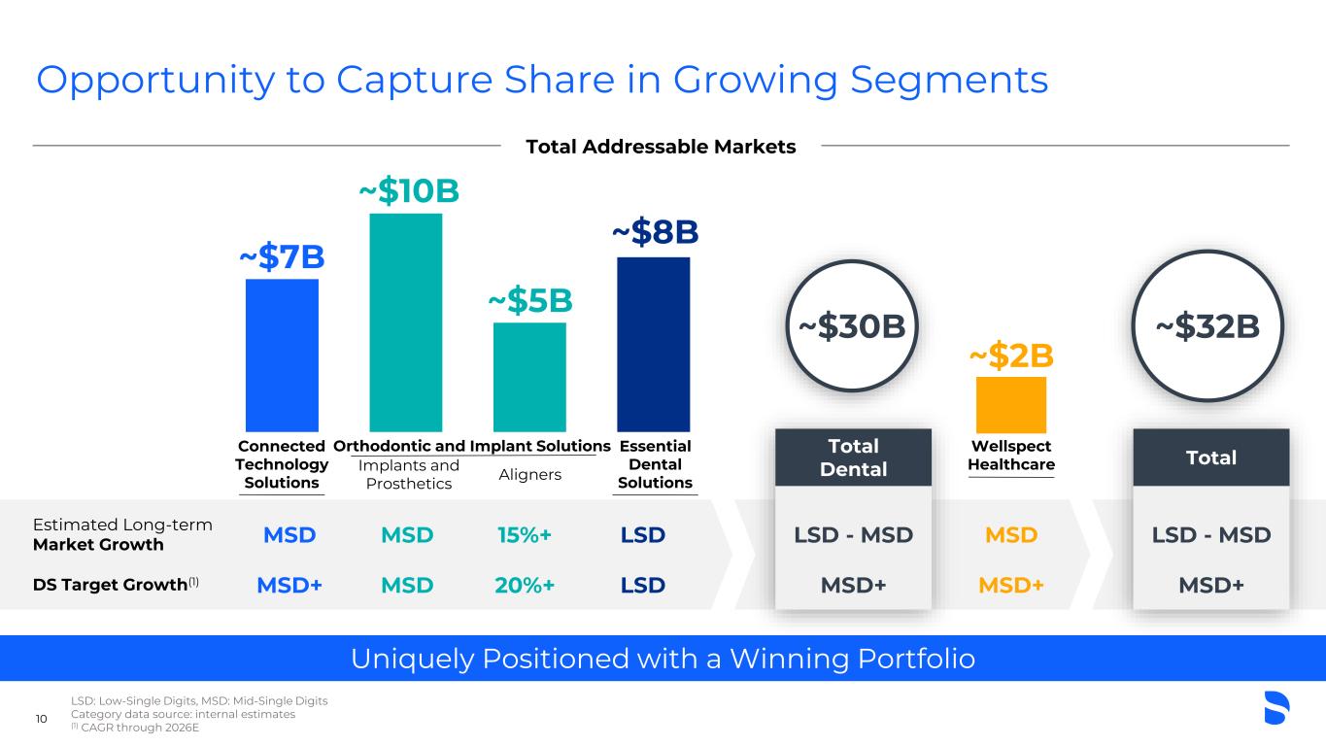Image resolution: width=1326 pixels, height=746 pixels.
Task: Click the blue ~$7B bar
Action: (282, 355)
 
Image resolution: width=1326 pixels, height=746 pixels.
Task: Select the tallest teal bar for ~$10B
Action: (405, 322)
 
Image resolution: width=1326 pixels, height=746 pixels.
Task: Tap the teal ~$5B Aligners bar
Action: (529, 377)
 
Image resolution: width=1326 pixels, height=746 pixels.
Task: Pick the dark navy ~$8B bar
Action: (653, 344)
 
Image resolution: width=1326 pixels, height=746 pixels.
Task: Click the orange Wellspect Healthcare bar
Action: (1010, 404)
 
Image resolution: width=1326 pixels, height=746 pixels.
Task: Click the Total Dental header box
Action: (853, 458)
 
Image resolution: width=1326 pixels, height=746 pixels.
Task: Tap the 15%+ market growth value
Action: (526, 535)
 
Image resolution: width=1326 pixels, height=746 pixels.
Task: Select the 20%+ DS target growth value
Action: (526, 585)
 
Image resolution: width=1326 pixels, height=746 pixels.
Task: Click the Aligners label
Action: (529, 474)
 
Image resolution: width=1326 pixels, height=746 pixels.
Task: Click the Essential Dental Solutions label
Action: (655, 464)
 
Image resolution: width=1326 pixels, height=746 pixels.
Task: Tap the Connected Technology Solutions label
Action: (282, 464)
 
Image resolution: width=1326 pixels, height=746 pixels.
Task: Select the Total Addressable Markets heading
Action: (661, 147)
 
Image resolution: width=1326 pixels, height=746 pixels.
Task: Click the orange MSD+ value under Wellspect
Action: (1010, 585)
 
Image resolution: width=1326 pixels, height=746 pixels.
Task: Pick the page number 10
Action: (42, 719)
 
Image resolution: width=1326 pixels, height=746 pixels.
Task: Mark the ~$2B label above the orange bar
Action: (1011, 356)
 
